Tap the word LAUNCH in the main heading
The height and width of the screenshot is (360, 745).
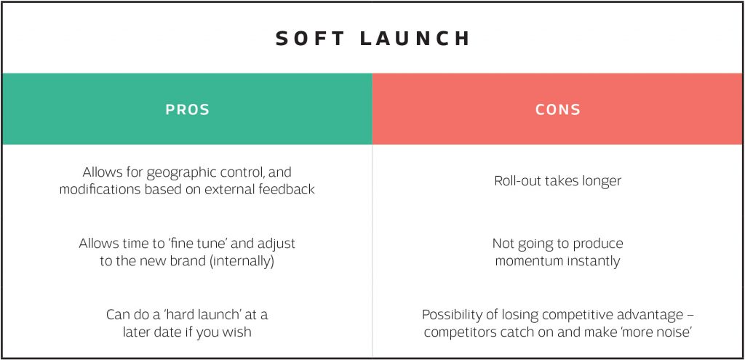[416, 39]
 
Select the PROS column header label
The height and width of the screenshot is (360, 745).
[187, 110]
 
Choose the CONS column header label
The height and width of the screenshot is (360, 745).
[558, 110]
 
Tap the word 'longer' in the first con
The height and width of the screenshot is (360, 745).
[600, 180]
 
